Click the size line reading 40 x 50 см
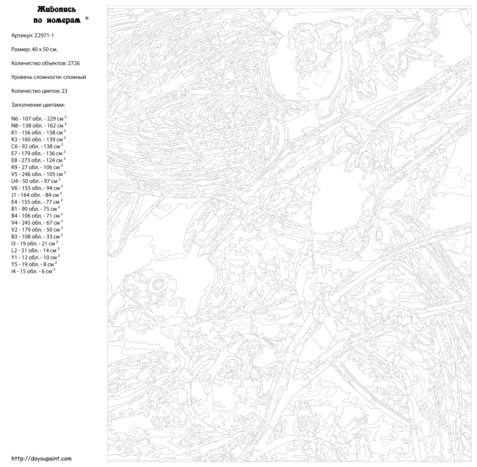(34, 49)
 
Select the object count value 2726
(73, 63)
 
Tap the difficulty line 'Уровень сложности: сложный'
(48, 77)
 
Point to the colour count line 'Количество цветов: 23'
(39, 91)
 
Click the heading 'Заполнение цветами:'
(38, 105)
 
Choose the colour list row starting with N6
(38, 119)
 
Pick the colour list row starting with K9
(37, 167)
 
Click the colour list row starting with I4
(33, 271)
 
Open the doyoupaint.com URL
(41, 459)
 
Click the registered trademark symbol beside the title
(87, 18)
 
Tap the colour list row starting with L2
(35, 251)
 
